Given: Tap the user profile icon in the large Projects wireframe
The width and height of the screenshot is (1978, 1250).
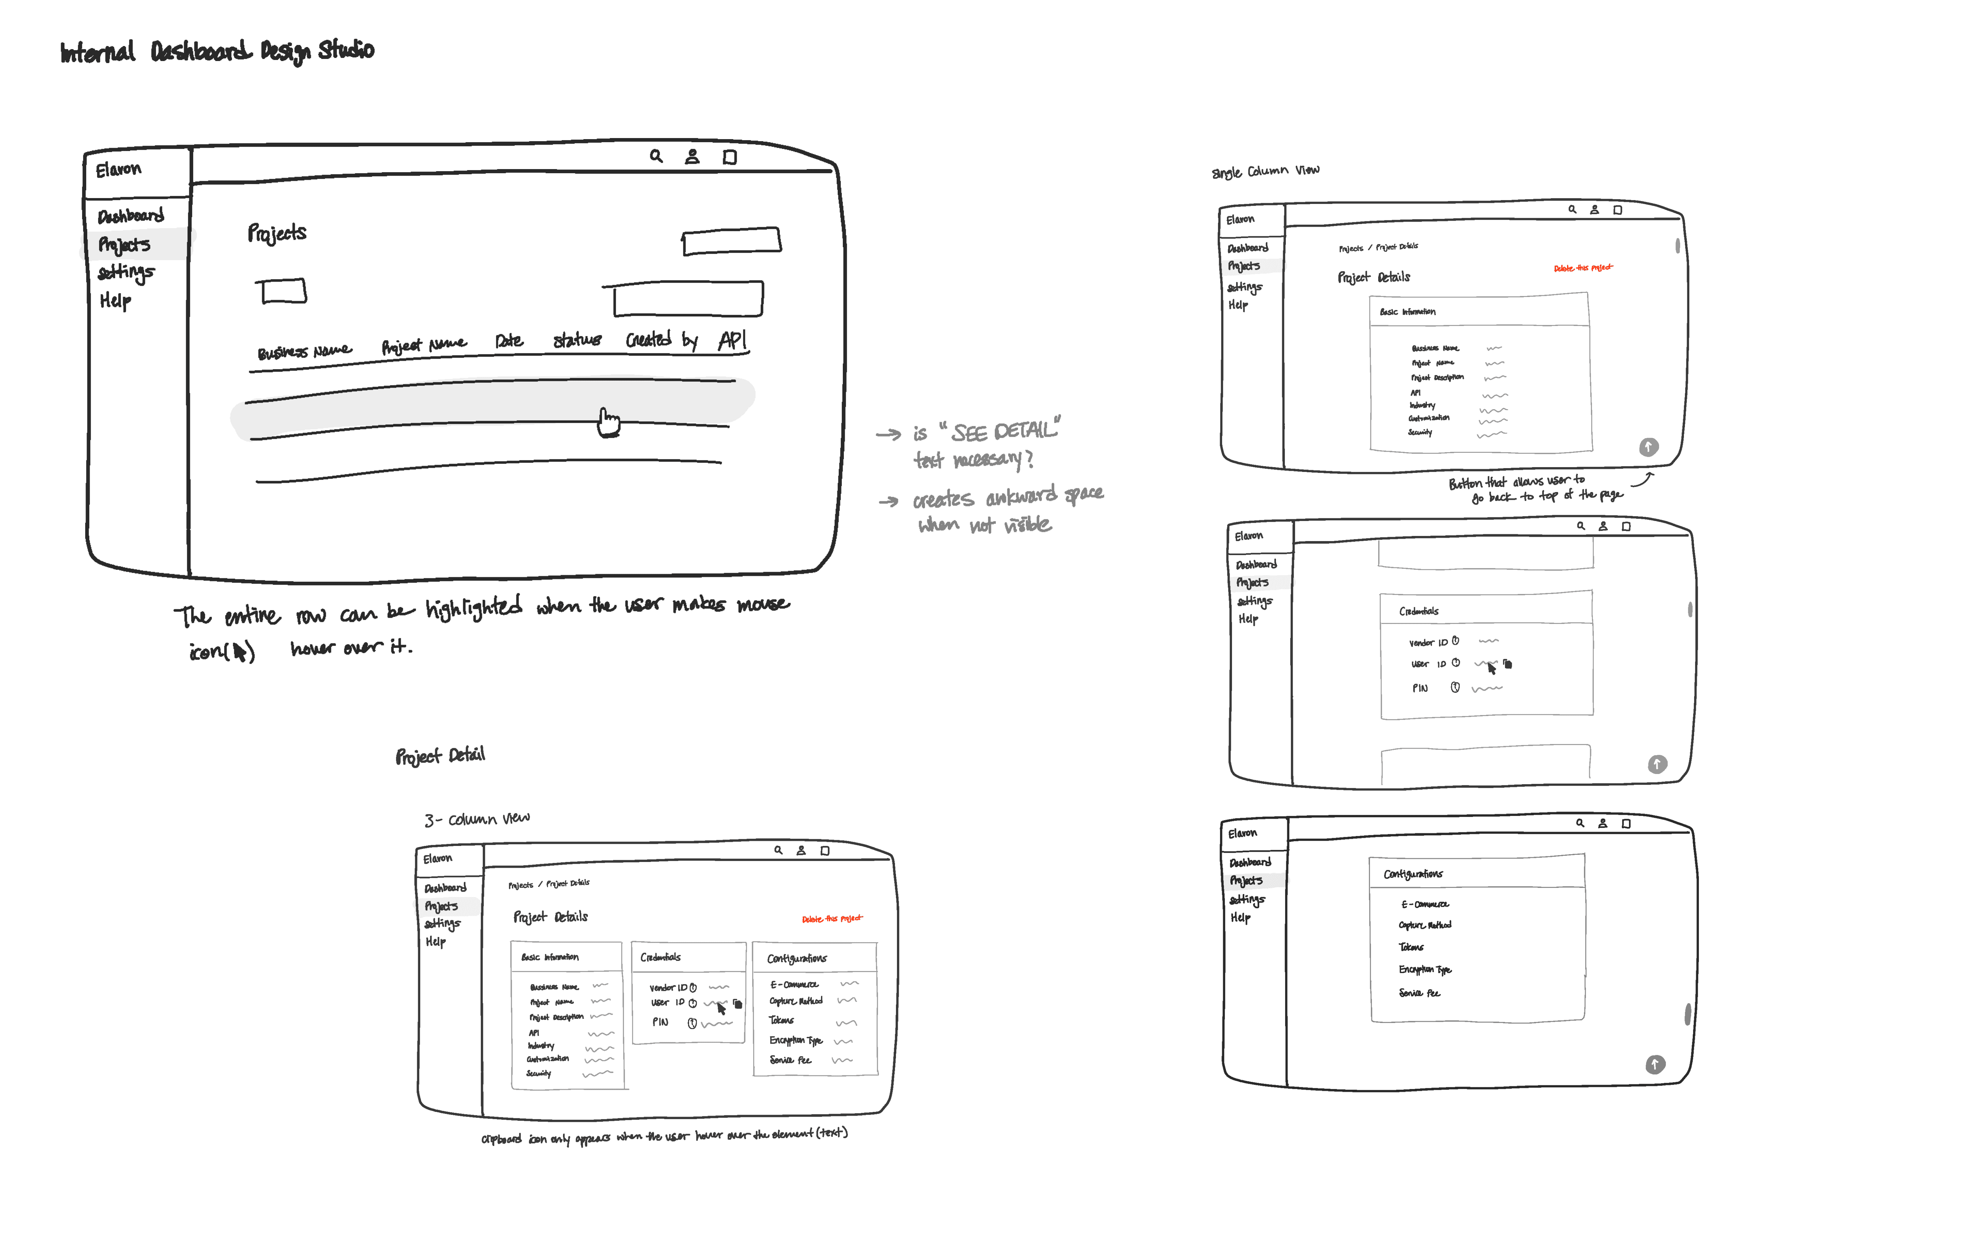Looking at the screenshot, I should pyautogui.click(x=693, y=156).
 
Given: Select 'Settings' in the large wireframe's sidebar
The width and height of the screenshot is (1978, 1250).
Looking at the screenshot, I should pyautogui.click(x=126, y=272).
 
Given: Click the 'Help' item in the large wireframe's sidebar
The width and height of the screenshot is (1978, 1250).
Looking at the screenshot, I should pyautogui.click(x=115, y=301).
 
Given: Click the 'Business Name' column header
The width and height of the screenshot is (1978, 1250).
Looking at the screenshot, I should pyautogui.click(x=304, y=351).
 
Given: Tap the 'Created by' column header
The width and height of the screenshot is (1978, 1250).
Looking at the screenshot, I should pyautogui.click(x=661, y=339).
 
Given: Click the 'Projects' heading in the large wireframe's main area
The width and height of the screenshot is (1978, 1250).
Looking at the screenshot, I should pyautogui.click(x=277, y=234).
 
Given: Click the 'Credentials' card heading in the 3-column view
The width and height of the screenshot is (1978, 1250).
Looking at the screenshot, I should pyautogui.click(x=660, y=957).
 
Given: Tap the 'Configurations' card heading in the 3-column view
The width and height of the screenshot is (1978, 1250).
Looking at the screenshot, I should pyautogui.click(x=797, y=958).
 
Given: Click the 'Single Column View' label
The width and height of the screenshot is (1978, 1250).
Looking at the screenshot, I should pyautogui.click(x=1265, y=171).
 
